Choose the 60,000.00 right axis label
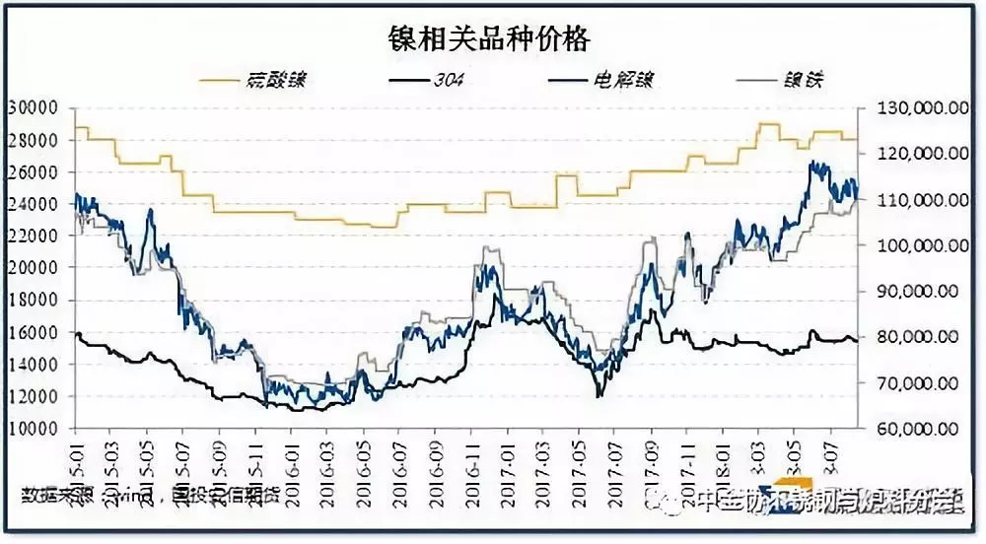click(x=913, y=429)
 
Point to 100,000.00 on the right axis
click(x=913, y=245)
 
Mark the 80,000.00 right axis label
click(x=913, y=337)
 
